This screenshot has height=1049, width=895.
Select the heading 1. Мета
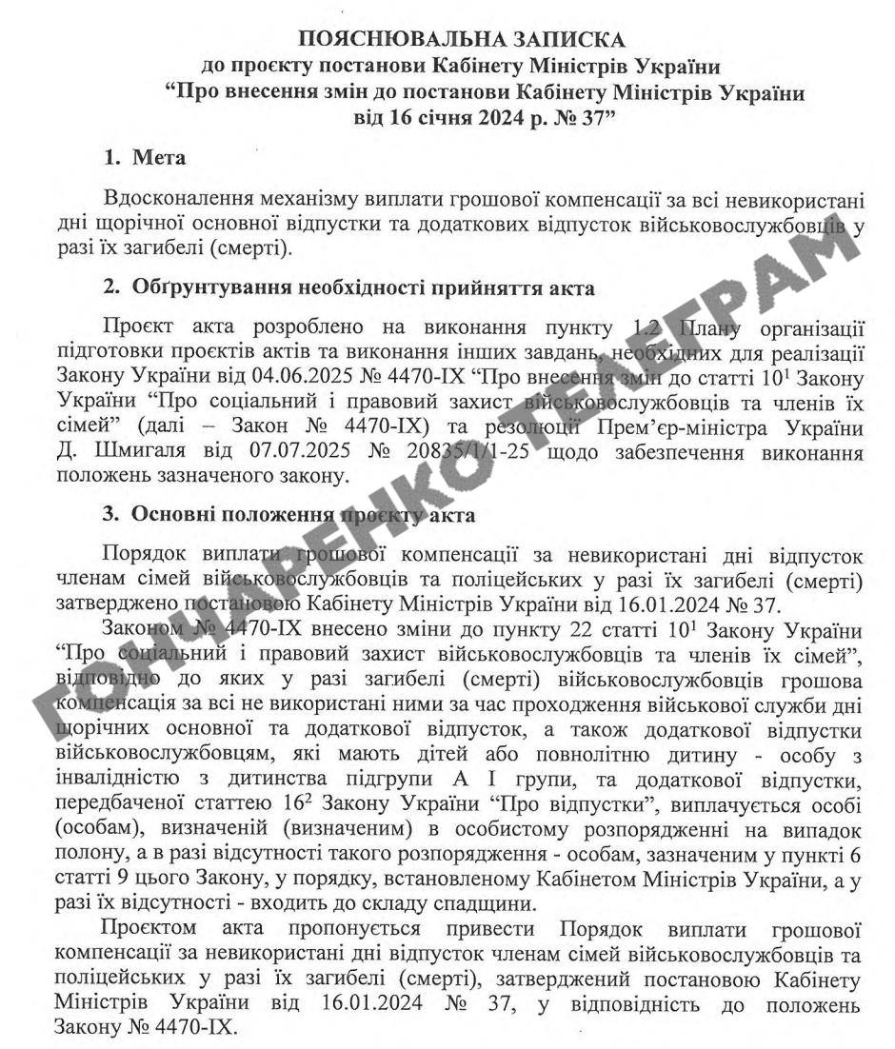tap(145, 158)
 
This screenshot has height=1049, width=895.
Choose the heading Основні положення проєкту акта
tap(304, 515)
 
